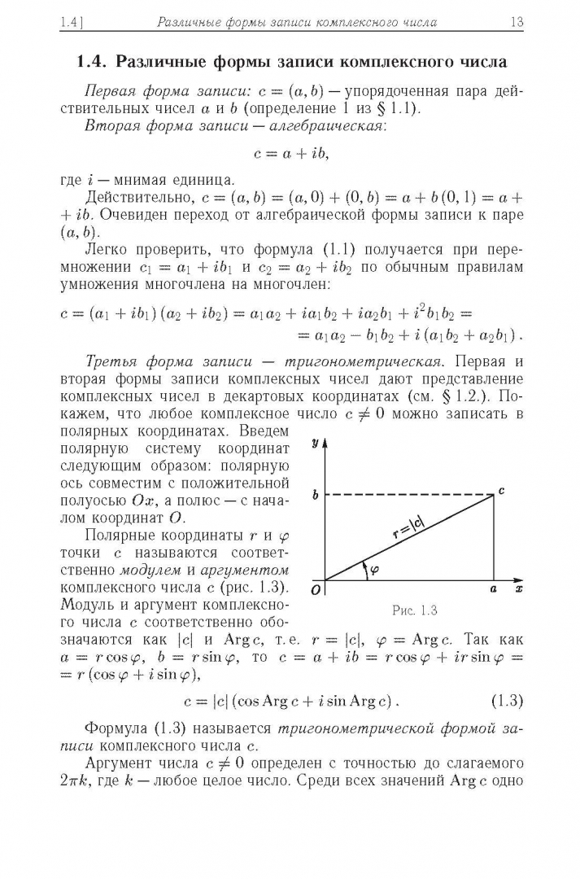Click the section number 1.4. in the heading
pyautogui.click(x=93, y=62)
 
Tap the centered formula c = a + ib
pyautogui.click(x=290, y=152)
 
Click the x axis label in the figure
pyautogui.click(x=519, y=587)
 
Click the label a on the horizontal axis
pyautogui.click(x=493, y=588)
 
